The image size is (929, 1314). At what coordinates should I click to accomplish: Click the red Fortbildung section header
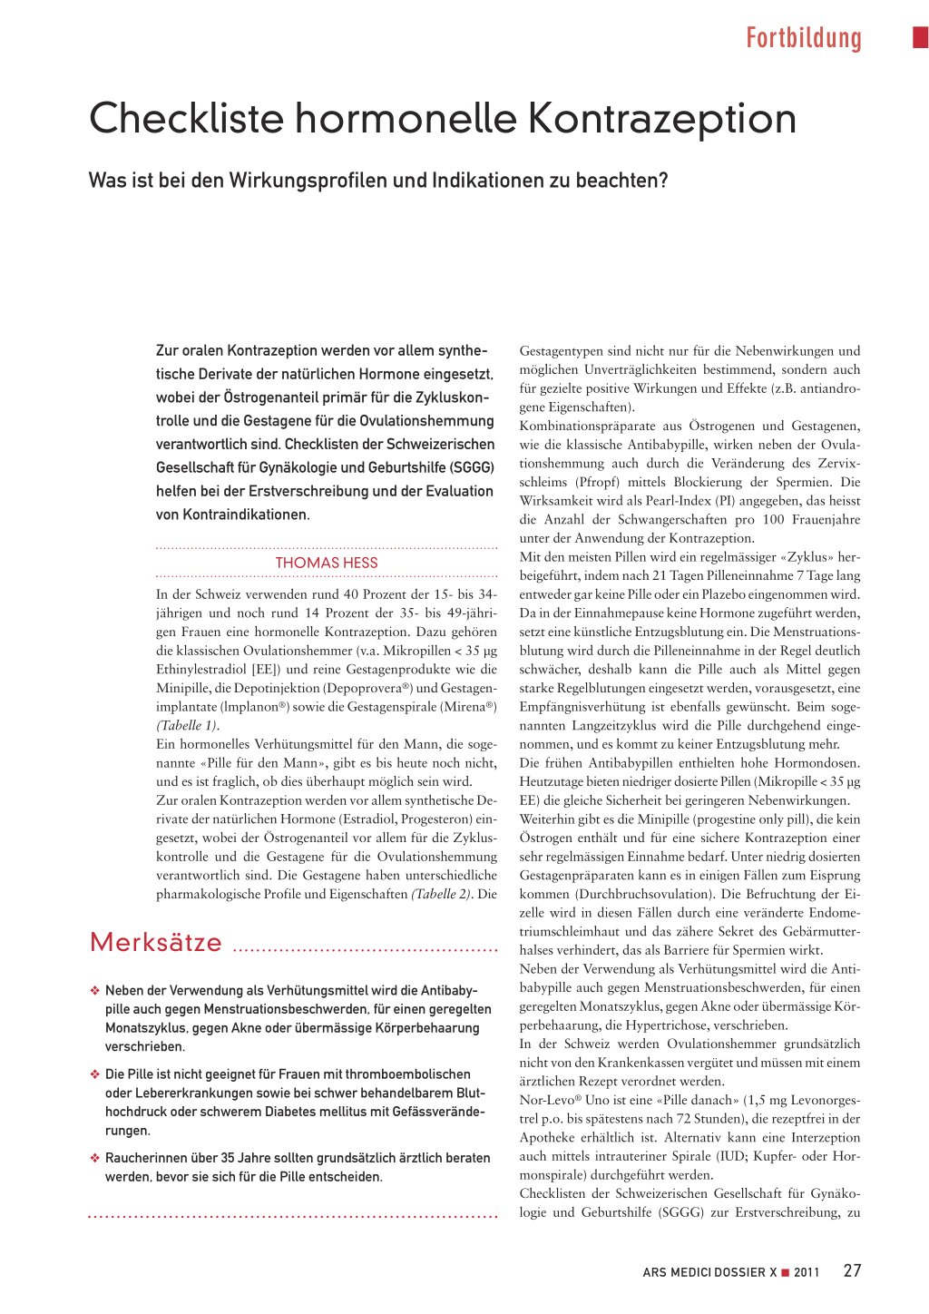[x=803, y=38]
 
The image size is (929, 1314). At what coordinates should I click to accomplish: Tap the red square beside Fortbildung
[x=920, y=37]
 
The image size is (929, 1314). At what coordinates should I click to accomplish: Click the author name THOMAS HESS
[x=327, y=563]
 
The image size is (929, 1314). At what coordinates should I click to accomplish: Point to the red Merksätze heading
[x=156, y=943]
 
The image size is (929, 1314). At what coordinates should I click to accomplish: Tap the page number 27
[x=852, y=1270]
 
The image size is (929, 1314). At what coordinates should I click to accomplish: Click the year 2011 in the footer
[x=807, y=1272]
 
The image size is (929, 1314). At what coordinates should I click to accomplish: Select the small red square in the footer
[x=786, y=1272]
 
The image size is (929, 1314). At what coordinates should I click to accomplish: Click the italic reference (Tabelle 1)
[x=187, y=726]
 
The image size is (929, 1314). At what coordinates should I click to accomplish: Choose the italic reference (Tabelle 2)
[x=441, y=895]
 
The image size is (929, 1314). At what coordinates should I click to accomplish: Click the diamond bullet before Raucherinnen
[x=94, y=1158]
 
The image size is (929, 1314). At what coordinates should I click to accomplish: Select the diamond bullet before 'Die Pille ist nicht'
[x=94, y=1074]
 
